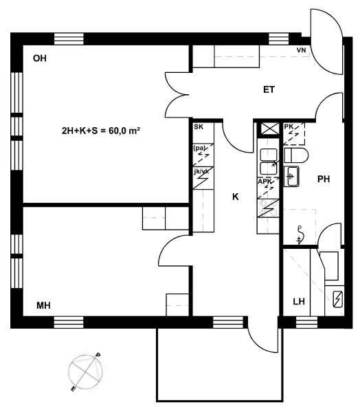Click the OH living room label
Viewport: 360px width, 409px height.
pos(40,58)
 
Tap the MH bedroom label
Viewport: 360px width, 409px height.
pos(43,305)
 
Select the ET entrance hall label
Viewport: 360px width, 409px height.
pos(269,90)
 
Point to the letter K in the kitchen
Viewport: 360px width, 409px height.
pos(236,197)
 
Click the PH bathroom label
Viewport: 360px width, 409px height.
pos(324,179)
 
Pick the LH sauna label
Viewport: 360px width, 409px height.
pos(299,302)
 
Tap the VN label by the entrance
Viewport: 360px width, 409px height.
pos(301,50)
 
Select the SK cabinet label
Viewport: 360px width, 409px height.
pos(199,127)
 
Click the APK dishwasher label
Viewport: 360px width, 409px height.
pos(265,181)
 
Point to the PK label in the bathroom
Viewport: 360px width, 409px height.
pos(289,126)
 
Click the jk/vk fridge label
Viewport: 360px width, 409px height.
pos(201,171)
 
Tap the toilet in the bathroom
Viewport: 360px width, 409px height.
pos(296,155)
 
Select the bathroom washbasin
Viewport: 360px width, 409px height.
pos(291,177)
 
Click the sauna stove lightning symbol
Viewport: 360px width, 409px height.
pos(337,299)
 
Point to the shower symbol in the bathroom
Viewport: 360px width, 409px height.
pos(300,235)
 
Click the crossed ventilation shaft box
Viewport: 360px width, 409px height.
pos(269,129)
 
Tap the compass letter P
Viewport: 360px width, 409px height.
pos(98,355)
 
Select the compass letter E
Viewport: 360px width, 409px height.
pos(74,389)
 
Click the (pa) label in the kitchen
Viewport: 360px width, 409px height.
pos(199,148)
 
